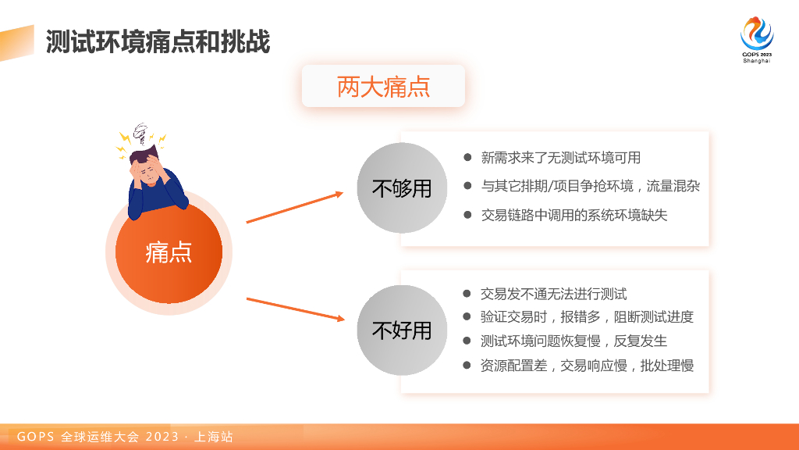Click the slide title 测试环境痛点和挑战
tap(158, 42)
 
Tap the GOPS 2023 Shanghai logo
tap(757, 40)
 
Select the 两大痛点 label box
tap(383, 86)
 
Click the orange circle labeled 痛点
tap(169, 252)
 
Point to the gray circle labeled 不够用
tap(402, 187)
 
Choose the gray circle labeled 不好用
tap(402, 330)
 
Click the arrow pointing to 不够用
tap(295, 207)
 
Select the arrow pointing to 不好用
tap(296, 309)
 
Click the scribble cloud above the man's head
tap(142, 134)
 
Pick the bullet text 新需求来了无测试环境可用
tap(560, 158)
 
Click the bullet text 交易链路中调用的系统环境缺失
tap(574, 215)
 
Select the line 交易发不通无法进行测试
tap(553, 294)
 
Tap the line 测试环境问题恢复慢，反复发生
tap(574, 341)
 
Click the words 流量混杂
tap(673, 186)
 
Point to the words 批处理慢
tap(667, 366)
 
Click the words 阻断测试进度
tap(654, 317)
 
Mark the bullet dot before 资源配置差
tap(467, 365)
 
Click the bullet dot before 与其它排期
tap(467, 186)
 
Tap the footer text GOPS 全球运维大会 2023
tap(98, 437)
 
